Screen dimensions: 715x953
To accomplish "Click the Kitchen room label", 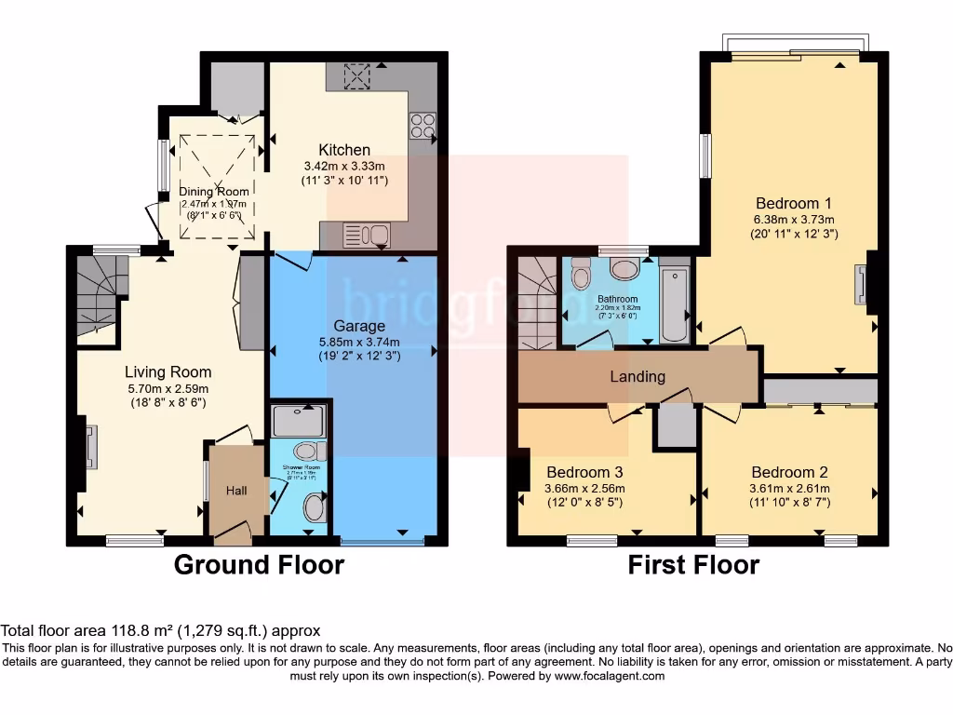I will pos(344,150).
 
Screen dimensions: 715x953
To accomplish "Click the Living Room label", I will pos(168,372).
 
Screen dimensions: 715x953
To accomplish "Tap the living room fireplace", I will pos(90,447).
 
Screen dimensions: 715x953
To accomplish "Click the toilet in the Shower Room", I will pos(315,508).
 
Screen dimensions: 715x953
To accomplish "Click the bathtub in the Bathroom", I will pos(674,304).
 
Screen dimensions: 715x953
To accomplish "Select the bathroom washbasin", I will pos(624,270).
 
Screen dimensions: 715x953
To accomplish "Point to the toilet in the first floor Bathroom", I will pos(582,274).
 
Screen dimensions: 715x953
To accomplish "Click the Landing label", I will pos(638,376).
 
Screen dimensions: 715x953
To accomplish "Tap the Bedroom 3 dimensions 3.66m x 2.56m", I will pos(585,489).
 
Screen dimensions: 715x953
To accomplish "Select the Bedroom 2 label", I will pos(789,472).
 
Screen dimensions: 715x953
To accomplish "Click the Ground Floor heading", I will pos(259,564).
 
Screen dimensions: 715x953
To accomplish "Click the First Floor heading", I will pos(693,564).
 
